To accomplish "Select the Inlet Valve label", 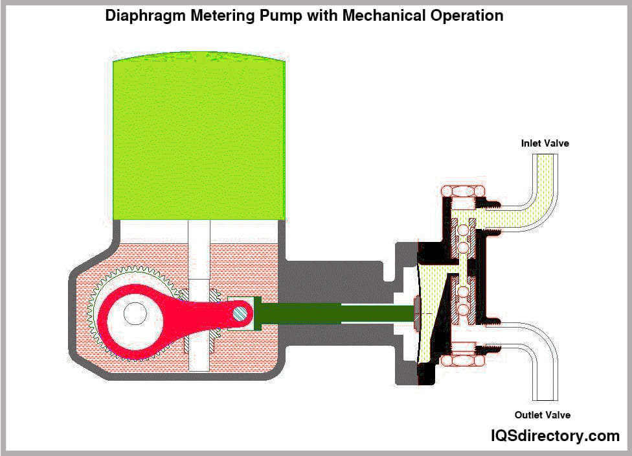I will click(545, 143).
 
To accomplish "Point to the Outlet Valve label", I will click(543, 415).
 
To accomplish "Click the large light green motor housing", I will click(199, 139).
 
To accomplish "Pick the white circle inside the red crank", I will click(135, 314).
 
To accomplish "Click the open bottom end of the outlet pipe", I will click(543, 397).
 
